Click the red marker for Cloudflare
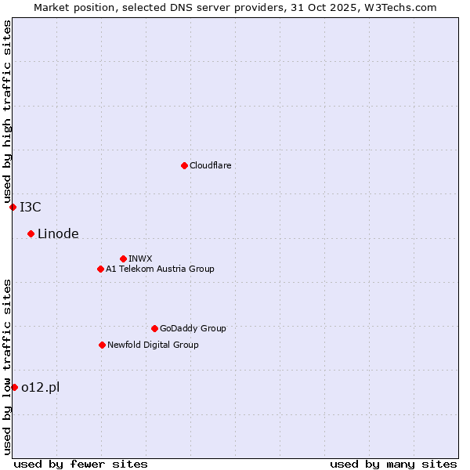184,165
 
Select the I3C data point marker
13,207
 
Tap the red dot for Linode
31,233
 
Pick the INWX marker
123,258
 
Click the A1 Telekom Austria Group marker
100,269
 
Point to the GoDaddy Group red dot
154,328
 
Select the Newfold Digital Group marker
102,345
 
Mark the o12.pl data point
14,387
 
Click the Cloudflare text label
210,165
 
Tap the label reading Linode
58,233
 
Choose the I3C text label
31,207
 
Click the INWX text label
140,258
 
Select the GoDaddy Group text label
193,328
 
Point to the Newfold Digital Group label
153,345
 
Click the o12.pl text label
40,387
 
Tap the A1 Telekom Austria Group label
160,269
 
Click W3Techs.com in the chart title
398,7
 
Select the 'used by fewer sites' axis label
81,464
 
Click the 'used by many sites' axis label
393,464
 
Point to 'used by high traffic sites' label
7,111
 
